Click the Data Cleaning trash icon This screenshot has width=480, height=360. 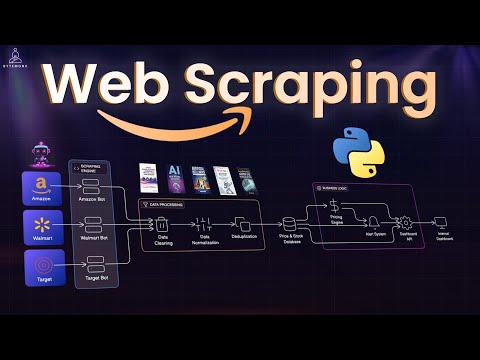coord(163,222)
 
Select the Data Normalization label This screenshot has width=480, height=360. coord(206,241)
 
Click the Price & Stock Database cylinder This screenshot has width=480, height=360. coord(291,222)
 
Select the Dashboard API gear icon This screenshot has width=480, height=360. coord(406,222)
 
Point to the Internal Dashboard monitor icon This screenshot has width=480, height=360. coord(441,222)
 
